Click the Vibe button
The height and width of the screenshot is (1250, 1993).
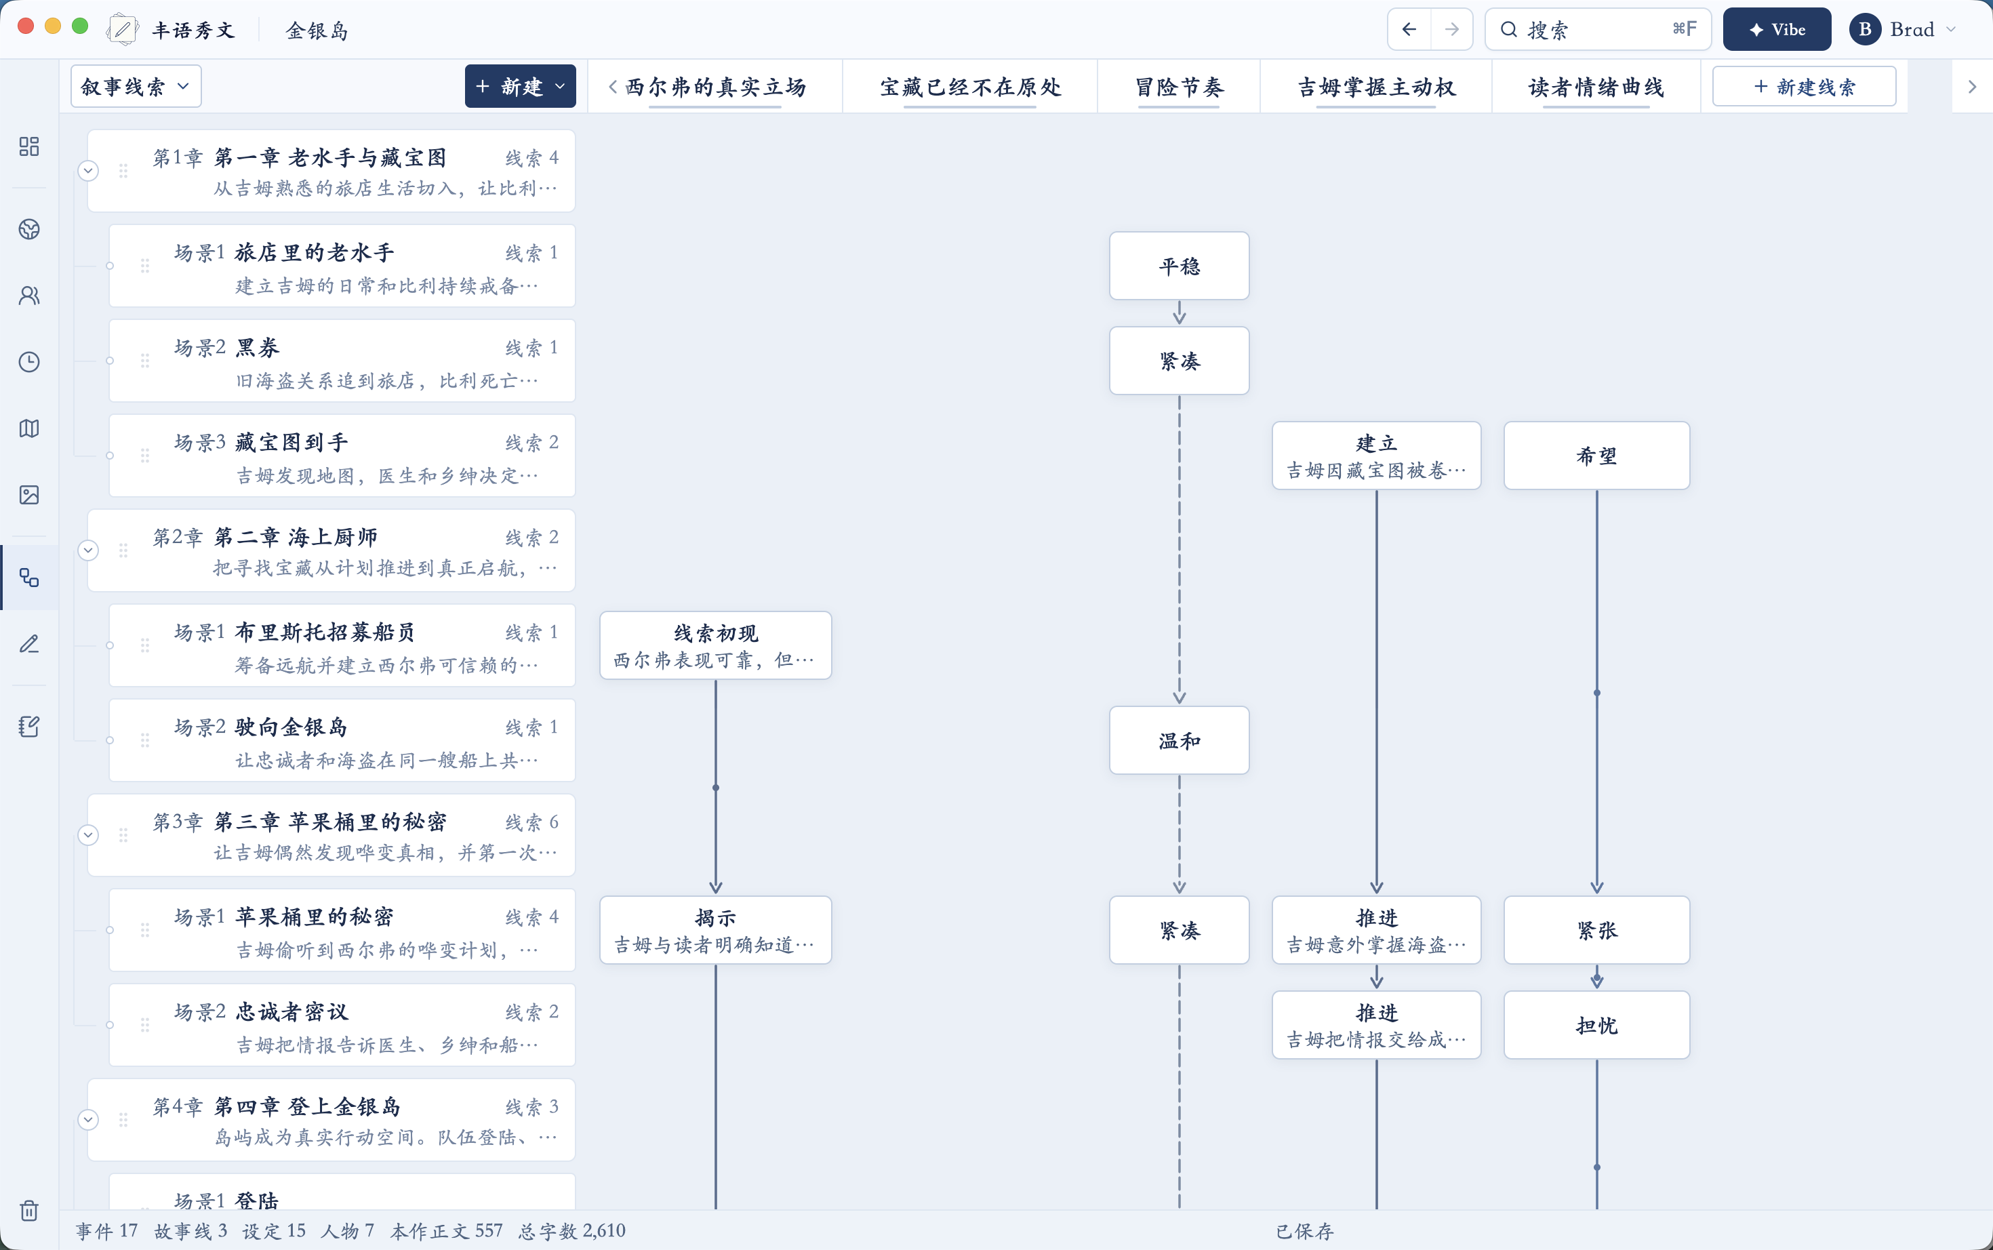click(x=1777, y=30)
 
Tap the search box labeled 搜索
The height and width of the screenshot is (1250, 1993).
click(x=1597, y=30)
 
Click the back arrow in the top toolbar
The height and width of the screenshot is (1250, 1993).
click(x=1409, y=30)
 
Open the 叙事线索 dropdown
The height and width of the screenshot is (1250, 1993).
click(x=136, y=87)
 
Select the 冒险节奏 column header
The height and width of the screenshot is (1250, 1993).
click(x=1179, y=87)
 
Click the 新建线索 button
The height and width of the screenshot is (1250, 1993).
click(x=1804, y=87)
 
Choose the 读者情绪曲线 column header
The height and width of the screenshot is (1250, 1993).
click(x=1596, y=87)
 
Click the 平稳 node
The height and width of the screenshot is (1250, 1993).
click(x=1179, y=266)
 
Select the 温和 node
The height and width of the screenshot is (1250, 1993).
click(x=1179, y=741)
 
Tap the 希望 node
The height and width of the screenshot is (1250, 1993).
click(x=1596, y=456)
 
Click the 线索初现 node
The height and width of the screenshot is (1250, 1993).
click(x=716, y=645)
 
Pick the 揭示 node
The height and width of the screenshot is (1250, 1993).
click(x=716, y=930)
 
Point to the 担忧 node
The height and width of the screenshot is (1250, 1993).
click(x=1596, y=1025)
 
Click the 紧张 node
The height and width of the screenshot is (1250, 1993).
click(x=1596, y=930)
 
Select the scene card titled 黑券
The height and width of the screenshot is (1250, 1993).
click(x=342, y=361)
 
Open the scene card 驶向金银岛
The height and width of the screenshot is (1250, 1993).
click(x=342, y=741)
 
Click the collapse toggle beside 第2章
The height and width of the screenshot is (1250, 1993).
click(x=88, y=550)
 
